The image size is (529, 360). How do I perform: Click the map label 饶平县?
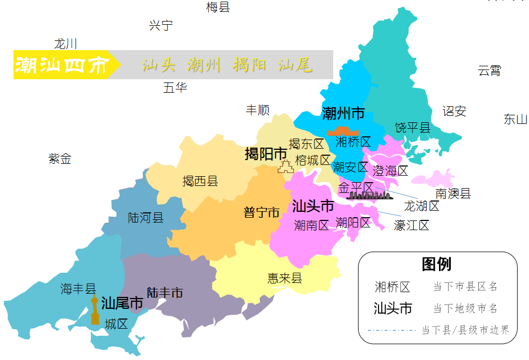point(413,128)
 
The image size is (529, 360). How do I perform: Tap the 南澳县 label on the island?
point(453,193)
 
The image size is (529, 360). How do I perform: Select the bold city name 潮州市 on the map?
point(343,114)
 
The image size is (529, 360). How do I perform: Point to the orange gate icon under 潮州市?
point(343,131)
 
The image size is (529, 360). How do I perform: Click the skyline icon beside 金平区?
point(369,195)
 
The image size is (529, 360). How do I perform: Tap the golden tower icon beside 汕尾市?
point(95,310)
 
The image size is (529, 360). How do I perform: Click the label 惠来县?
point(285,278)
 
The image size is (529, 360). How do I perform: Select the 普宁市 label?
point(262,212)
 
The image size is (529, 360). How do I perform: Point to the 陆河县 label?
point(146,218)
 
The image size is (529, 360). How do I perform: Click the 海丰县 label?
point(78,289)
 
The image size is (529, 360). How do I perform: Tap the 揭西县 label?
point(200,181)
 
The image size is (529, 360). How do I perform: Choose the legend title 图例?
point(436,264)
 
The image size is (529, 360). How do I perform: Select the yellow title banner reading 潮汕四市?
point(62,65)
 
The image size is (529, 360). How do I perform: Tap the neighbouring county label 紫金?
point(60,159)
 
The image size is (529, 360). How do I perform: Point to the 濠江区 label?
point(411,226)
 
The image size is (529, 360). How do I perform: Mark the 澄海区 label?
point(390,171)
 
